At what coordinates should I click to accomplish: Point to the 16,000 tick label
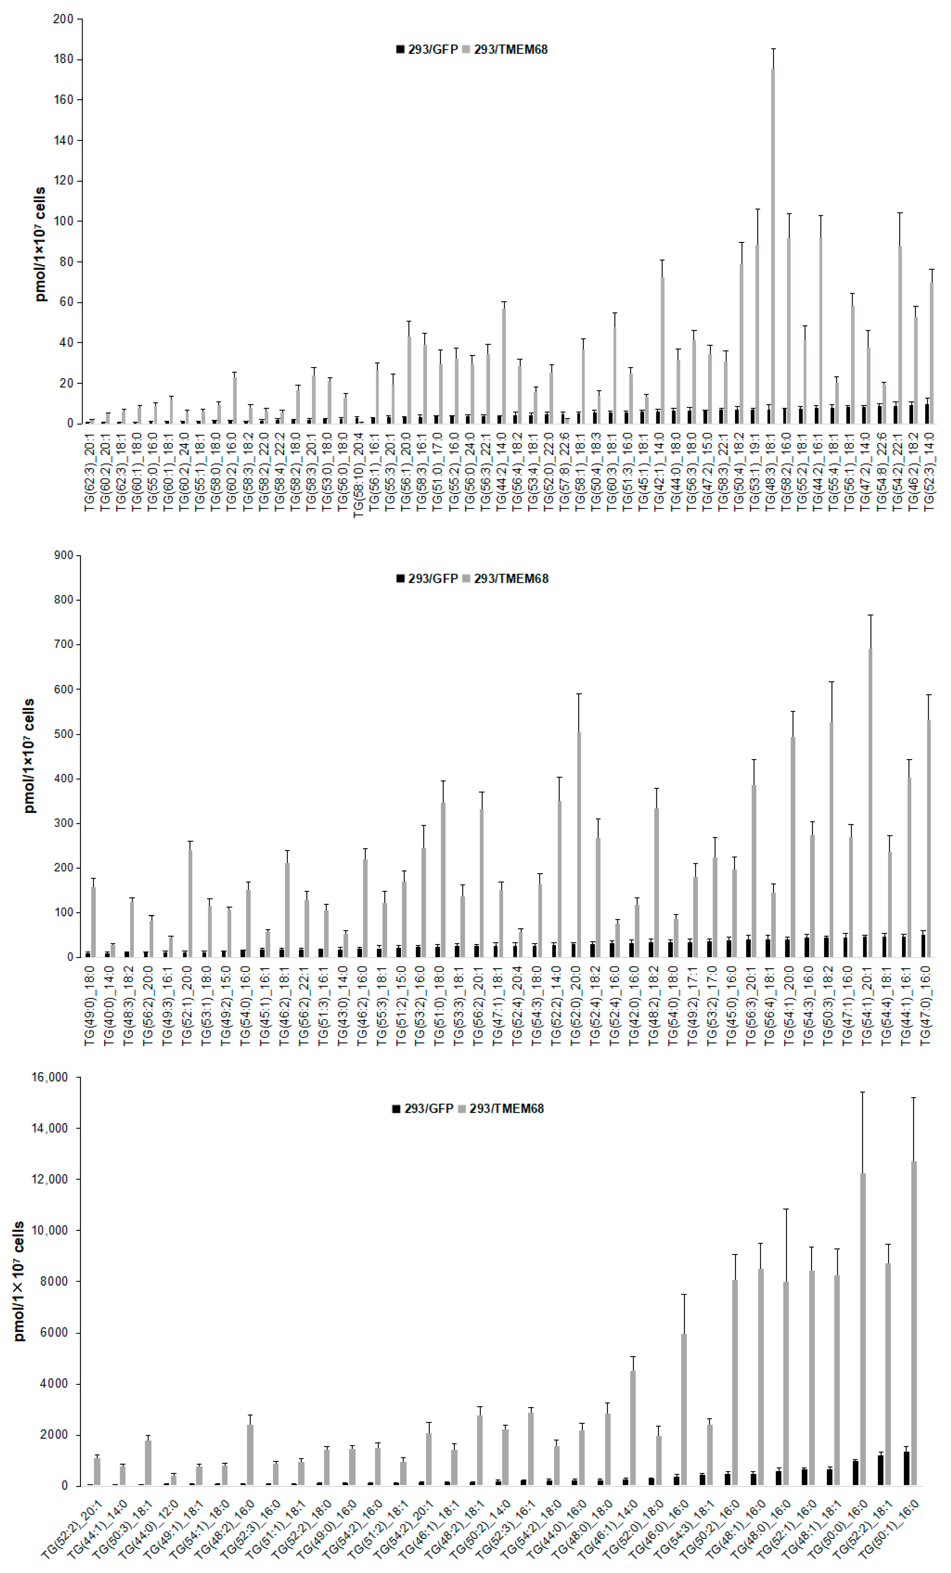pyautogui.click(x=50, y=1077)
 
